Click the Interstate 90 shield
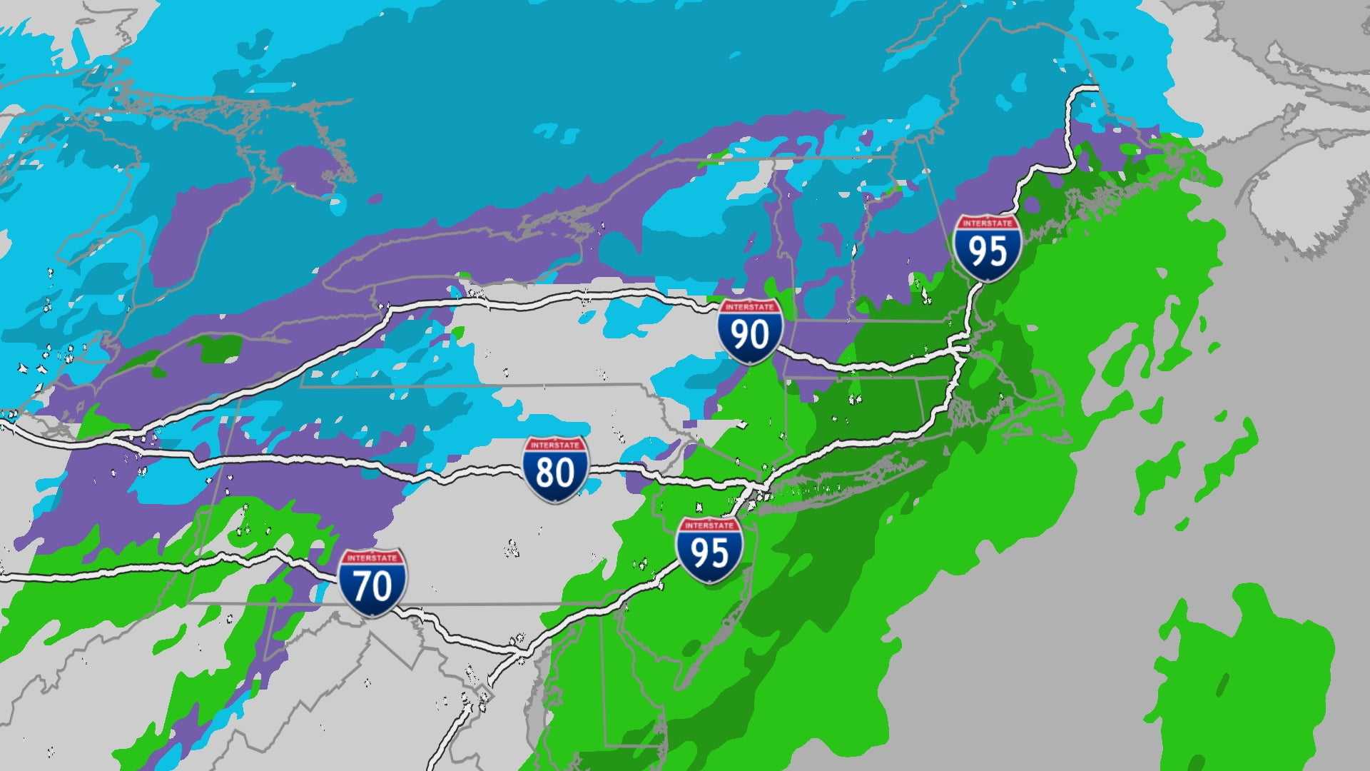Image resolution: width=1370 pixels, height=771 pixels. pos(750,331)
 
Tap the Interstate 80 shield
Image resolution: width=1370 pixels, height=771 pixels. pos(555,469)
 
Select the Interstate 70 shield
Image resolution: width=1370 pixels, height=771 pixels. pos(372,583)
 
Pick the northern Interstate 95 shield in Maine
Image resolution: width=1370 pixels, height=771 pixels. pos(988,247)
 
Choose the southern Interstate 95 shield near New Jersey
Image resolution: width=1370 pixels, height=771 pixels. pos(709,550)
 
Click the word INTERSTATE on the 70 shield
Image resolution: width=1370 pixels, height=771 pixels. pos(372,558)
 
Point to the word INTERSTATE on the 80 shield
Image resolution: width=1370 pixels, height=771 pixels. pos(555,445)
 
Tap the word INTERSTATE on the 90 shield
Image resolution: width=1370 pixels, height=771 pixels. pos(750,307)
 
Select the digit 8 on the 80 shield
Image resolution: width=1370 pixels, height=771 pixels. pos(544,473)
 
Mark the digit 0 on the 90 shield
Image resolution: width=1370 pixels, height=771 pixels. pos(761,335)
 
